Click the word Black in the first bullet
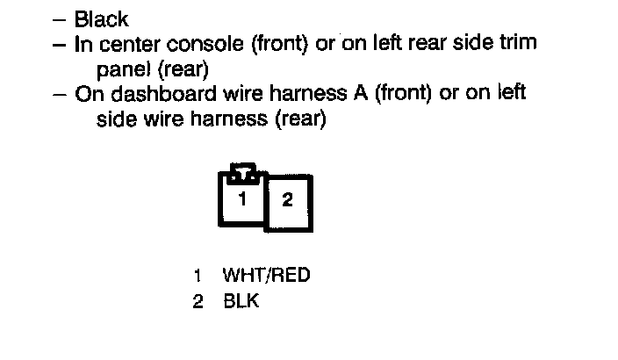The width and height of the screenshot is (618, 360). tap(102, 18)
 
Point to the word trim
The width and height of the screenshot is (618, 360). tap(518, 42)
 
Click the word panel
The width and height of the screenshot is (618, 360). tap(123, 68)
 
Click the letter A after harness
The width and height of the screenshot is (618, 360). tap(360, 93)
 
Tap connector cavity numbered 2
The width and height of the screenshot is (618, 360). tap(287, 200)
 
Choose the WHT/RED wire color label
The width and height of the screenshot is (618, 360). tap(266, 276)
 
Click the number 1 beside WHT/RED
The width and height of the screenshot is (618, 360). tap(198, 276)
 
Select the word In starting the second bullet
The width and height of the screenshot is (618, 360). tap(84, 43)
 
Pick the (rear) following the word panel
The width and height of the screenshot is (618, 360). tap(184, 68)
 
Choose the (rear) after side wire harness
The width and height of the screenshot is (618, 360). tap(300, 119)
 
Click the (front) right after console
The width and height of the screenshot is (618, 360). tap(278, 43)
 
